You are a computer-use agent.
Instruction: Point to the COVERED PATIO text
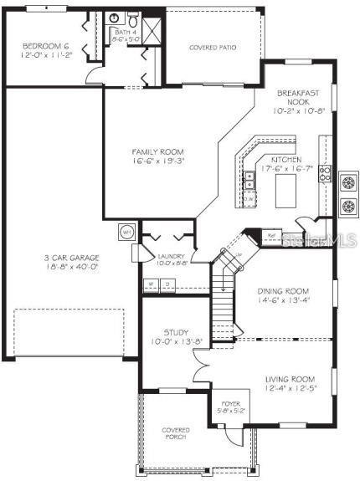(213, 48)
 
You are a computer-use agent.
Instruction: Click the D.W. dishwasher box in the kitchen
(249, 199)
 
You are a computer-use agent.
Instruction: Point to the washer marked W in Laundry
(151, 284)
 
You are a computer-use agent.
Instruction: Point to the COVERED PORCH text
(175, 435)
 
